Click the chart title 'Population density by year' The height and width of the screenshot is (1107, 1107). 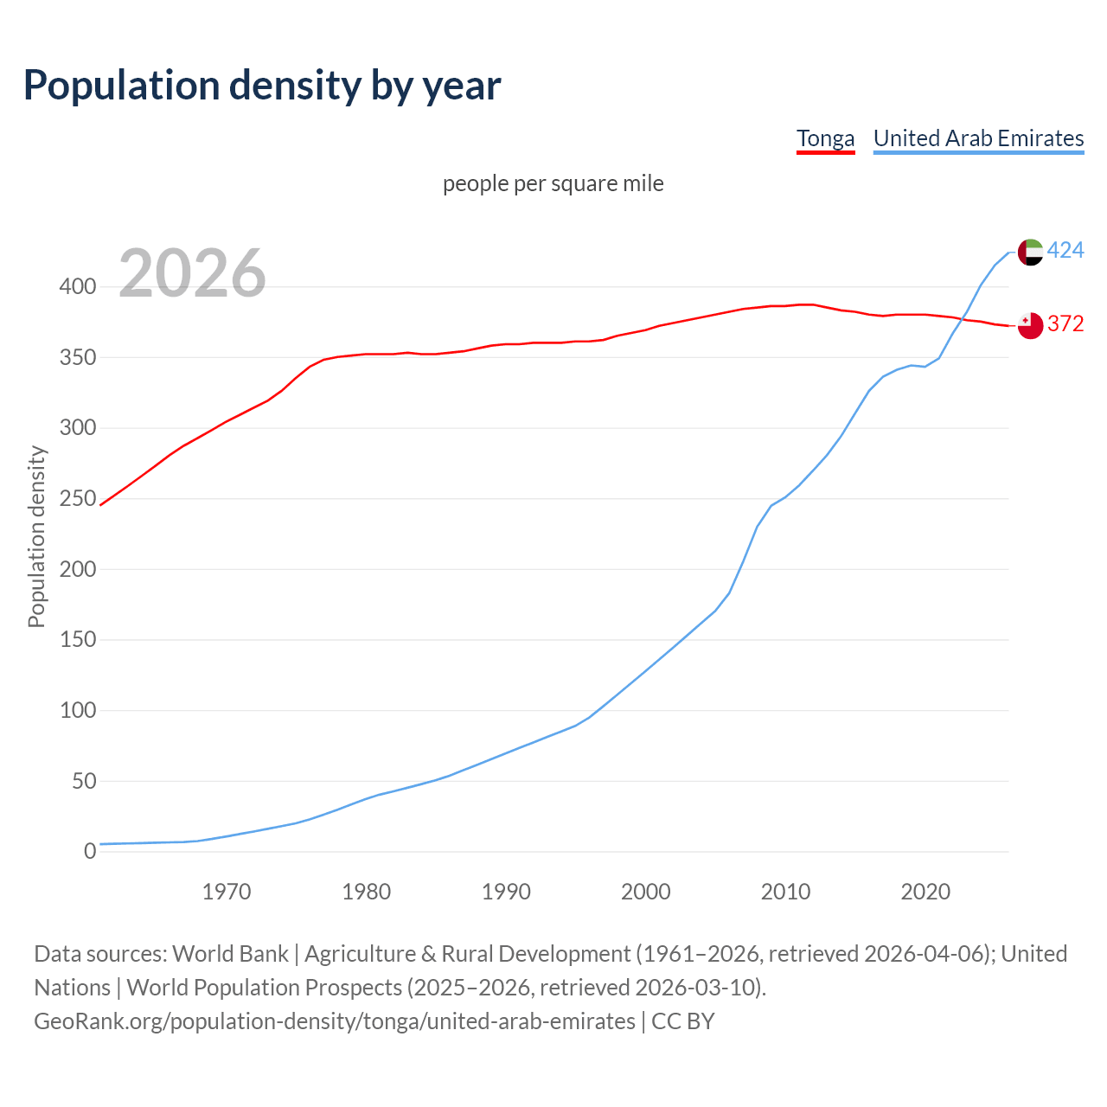click(262, 85)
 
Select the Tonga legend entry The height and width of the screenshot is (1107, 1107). click(825, 138)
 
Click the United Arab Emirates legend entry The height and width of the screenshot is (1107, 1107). click(978, 138)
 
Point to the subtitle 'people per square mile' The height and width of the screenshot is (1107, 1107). click(553, 183)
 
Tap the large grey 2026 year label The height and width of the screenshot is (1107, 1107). click(192, 273)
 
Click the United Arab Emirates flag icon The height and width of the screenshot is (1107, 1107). click(1030, 252)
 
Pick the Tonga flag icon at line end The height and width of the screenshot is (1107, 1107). click(1030, 325)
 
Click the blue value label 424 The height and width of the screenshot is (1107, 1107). click(1065, 251)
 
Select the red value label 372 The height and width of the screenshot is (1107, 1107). click(1065, 323)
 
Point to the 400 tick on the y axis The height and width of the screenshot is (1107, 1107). click(78, 286)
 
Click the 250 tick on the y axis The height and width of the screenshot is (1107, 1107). click(78, 499)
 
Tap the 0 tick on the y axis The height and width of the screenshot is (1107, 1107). click(90, 852)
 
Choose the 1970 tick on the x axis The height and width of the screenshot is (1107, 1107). click(227, 892)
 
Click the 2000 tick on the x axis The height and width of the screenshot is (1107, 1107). click(645, 892)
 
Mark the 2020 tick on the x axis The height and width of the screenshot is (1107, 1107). click(925, 892)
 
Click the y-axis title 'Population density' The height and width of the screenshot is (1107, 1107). click(36, 536)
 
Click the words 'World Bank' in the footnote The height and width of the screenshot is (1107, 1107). click(230, 954)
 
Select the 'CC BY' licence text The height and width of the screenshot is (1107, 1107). click(683, 1021)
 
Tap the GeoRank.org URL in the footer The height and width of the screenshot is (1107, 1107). click(334, 1021)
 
